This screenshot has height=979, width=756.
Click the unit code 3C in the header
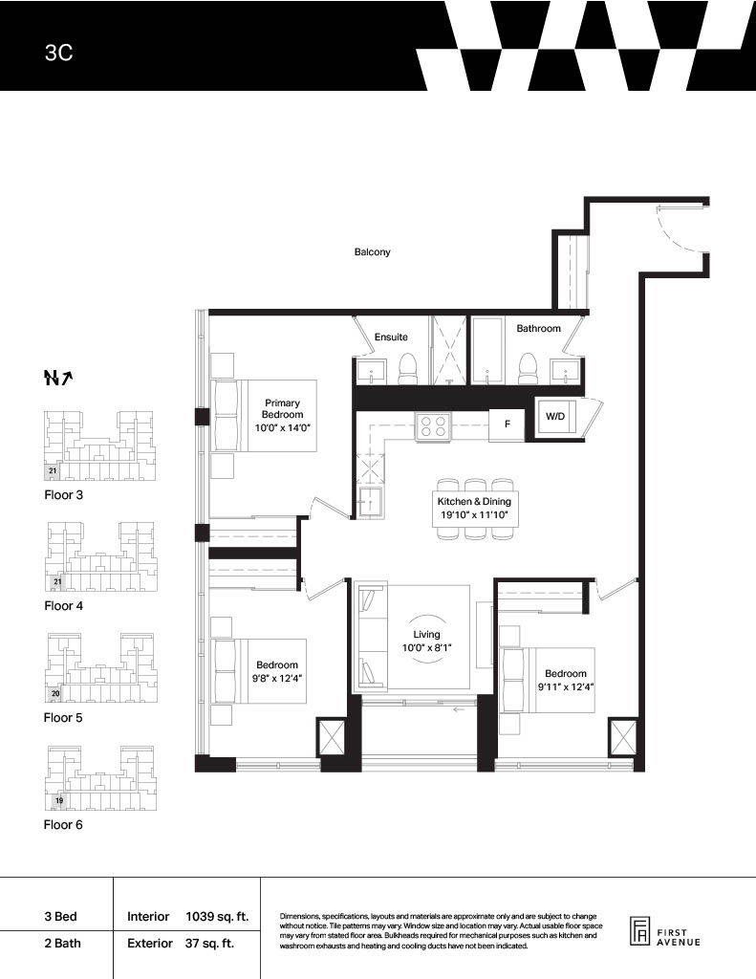58,53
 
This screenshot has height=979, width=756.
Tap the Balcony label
372,252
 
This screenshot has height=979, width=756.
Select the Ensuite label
391,337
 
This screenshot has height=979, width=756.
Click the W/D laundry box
555,416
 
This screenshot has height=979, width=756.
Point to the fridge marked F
507,424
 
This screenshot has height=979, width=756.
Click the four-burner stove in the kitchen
433,425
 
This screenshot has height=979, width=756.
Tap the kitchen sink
372,503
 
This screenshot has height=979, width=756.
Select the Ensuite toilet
408,369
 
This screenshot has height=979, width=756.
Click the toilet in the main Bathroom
528,369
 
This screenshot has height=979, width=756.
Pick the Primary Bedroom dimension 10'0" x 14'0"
283,427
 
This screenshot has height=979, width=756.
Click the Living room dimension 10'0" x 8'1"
426,648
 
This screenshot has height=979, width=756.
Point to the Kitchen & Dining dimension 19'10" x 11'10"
474,515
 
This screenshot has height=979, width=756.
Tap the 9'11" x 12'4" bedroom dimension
566,686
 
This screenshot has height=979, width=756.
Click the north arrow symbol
58,378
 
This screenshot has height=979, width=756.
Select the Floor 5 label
63,718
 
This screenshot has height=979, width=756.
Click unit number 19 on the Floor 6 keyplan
59,800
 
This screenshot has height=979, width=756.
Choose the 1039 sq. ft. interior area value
217,917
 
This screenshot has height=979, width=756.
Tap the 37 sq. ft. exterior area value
209,944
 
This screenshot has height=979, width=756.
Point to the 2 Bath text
62,944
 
